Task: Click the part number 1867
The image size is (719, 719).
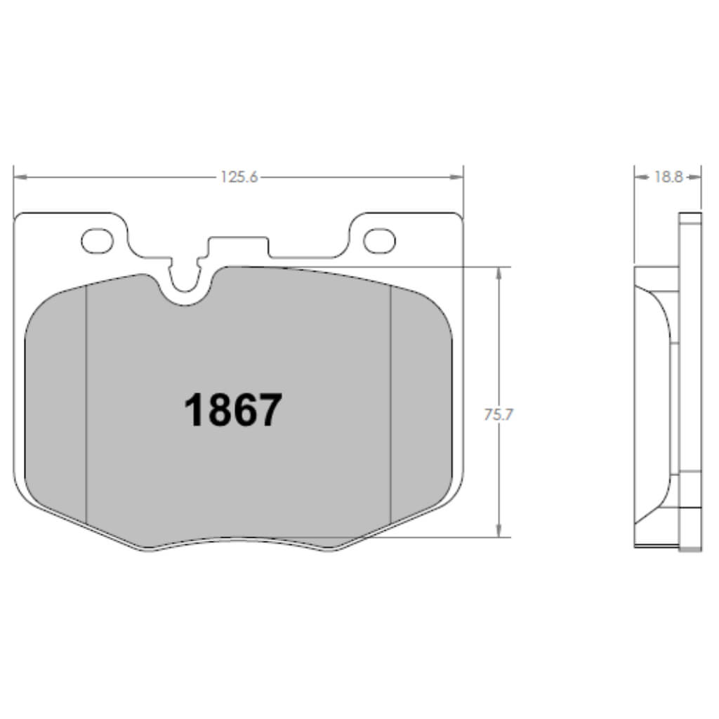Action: click(x=232, y=410)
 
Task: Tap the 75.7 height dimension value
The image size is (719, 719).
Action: click(x=499, y=414)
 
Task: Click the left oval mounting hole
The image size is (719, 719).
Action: click(x=98, y=241)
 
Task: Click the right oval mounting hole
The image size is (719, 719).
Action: click(x=379, y=241)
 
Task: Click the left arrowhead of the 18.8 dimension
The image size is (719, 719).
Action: click(x=639, y=178)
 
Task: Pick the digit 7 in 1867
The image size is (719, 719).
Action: click(x=270, y=410)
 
